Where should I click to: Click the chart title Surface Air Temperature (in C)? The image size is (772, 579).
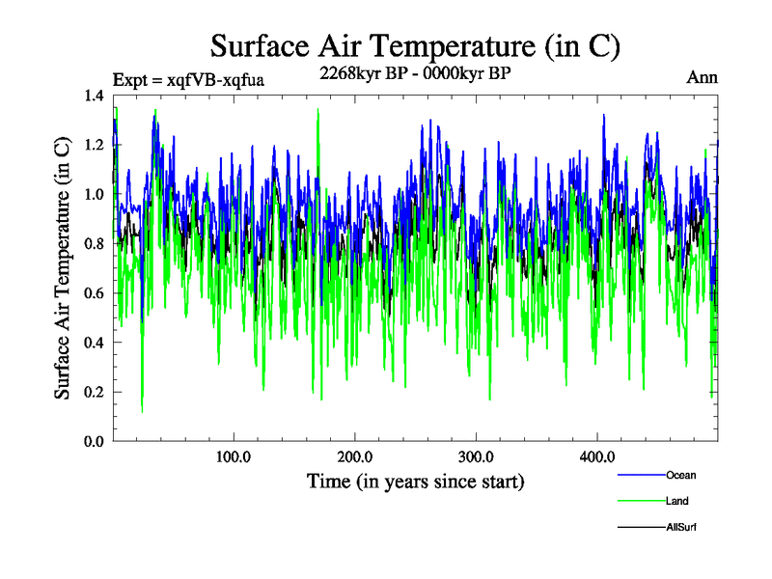pyautogui.click(x=415, y=45)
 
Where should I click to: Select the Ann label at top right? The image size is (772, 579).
pyautogui.click(x=703, y=77)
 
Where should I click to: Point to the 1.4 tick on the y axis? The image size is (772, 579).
pyautogui.click(x=95, y=96)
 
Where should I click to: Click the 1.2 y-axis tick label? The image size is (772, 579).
pyautogui.click(x=95, y=145)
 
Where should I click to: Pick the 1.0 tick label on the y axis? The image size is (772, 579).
pyautogui.click(x=95, y=194)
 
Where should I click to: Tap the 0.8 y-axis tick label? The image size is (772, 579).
pyautogui.click(x=95, y=244)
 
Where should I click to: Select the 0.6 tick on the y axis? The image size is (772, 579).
pyautogui.click(x=95, y=293)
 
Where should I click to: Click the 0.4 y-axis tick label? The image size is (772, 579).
pyautogui.click(x=95, y=343)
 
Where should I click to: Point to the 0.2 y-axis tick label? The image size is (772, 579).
pyautogui.click(x=95, y=392)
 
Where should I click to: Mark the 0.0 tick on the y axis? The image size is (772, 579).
pyautogui.click(x=95, y=441)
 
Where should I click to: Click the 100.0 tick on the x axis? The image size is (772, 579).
pyautogui.click(x=234, y=457)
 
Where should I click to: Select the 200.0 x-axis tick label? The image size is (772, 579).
pyautogui.click(x=355, y=457)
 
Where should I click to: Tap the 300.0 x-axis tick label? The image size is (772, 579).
pyautogui.click(x=477, y=457)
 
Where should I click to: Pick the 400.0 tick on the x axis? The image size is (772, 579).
pyautogui.click(x=597, y=457)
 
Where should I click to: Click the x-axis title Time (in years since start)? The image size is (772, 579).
pyautogui.click(x=415, y=481)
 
